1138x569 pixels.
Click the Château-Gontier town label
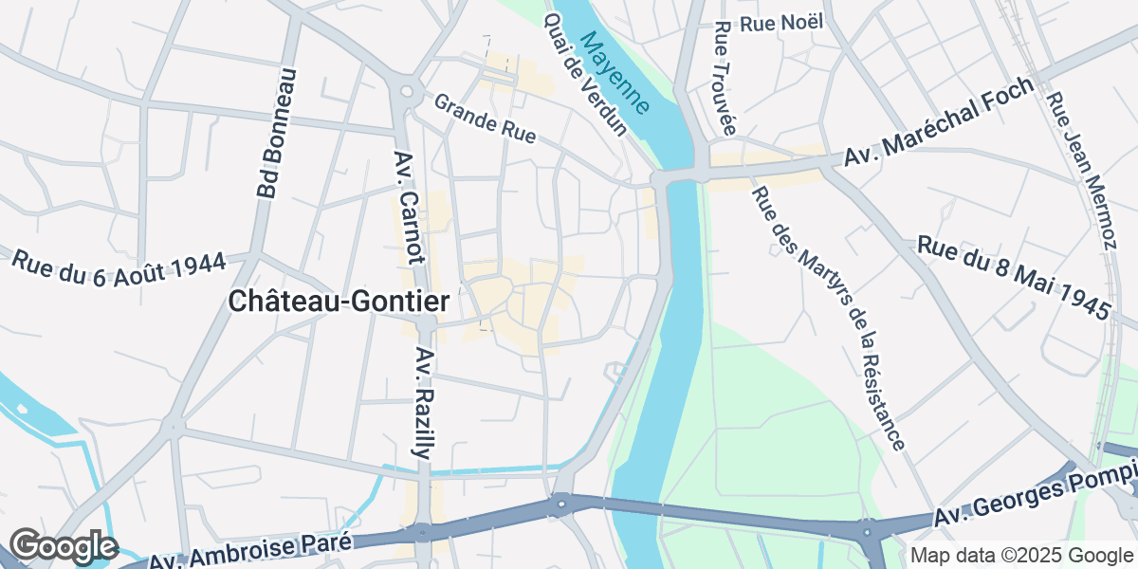339,302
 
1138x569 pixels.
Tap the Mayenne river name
616,72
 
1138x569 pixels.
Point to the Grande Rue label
486,118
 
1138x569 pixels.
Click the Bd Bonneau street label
277,134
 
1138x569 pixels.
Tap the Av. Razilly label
424,403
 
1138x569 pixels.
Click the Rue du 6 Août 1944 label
119,270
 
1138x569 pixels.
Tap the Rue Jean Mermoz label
1082,171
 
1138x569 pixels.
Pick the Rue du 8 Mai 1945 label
1013,278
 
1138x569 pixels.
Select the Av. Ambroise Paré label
251,550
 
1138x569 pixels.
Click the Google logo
64,546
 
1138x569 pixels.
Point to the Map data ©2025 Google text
1021,555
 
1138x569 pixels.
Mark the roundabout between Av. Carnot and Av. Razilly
425,323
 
